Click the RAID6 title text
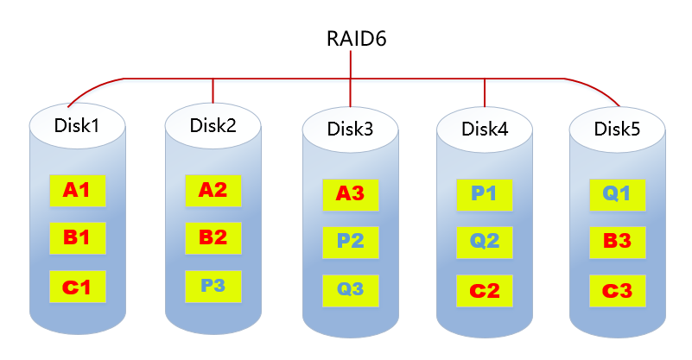click(350, 39)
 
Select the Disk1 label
click(77, 125)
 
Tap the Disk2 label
click(213, 124)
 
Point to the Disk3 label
click(350, 129)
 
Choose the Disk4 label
click(485, 129)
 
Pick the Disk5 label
click(618, 129)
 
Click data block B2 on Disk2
click(213, 237)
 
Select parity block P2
click(350, 241)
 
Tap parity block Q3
click(350, 289)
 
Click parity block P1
click(485, 194)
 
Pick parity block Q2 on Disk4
click(485, 241)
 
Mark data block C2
click(485, 290)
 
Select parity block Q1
click(618, 194)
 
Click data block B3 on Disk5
click(618, 241)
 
